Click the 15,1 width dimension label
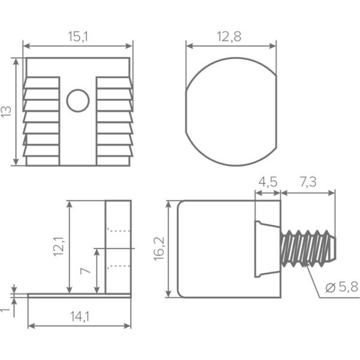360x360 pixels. point(78,37)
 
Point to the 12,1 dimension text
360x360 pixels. point(58,246)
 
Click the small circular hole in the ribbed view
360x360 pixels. point(78,100)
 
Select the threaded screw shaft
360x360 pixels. point(308,248)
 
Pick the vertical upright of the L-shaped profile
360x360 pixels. point(118,247)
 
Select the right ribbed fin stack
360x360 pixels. point(114,120)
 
